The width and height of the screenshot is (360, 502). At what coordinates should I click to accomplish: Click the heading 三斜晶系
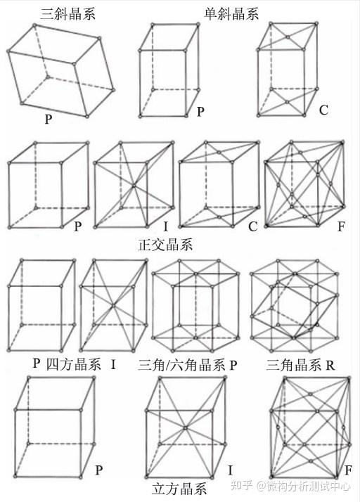[x=68, y=14]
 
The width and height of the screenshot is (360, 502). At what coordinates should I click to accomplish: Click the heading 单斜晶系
[x=231, y=14]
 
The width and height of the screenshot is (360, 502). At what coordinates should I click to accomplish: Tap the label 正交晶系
[x=166, y=245]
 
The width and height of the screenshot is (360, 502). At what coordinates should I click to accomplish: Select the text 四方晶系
[x=73, y=364]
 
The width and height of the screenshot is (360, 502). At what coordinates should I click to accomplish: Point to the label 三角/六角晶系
[x=181, y=365]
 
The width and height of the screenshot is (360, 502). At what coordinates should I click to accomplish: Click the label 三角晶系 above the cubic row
[x=293, y=365]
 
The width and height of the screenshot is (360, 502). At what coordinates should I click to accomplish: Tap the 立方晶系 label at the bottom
[x=179, y=489]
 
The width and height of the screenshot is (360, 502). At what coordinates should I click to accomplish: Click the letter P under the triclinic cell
[x=49, y=119]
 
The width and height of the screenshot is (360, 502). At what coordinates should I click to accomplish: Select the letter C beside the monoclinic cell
[x=323, y=110]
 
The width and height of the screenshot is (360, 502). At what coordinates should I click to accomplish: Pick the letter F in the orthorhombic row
[x=341, y=226]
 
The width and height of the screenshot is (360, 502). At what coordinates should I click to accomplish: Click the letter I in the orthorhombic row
[x=166, y=226]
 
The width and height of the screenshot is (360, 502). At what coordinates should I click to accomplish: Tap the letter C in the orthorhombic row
[x=252, y=226]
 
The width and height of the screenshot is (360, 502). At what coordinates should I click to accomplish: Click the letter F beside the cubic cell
[x=348, y=470]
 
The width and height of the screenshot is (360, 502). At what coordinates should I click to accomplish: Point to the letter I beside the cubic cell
[x=231, y=470]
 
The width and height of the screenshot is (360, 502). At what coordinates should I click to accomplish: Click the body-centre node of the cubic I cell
[x=185, y=427]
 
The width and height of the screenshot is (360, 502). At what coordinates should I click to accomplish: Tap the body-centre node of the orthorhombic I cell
[x=134, y=186]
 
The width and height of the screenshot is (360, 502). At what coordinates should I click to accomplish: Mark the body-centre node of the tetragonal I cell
[x=112, y=305]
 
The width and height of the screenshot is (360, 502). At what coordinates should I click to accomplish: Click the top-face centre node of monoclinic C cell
[x=288, y=37]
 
